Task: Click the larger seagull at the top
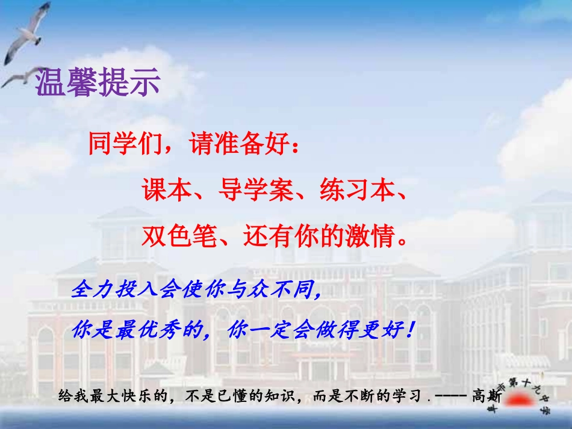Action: point(27,33)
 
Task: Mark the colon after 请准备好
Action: point(294,147)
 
